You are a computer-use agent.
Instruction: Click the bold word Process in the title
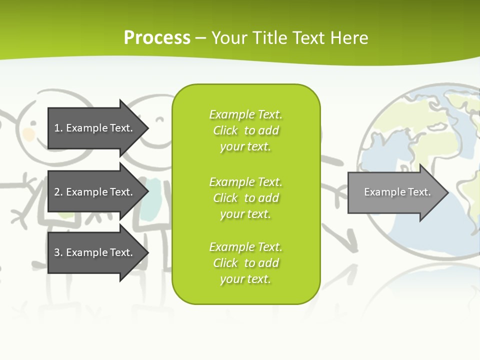pos(157,38)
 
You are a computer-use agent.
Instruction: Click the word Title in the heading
pos(268,38)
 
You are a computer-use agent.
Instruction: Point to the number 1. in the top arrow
pos(58,128)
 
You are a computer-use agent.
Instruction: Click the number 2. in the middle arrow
pos(58,192)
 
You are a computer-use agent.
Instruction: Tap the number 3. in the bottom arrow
pos(58,252)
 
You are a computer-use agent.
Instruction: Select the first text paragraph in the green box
pos(245,130)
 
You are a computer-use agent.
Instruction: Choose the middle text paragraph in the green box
pos(245,198)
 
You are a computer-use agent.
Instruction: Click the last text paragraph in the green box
pos(245,263)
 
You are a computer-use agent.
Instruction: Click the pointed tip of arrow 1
pos(147,128)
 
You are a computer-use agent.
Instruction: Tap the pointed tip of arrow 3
pos(147,252)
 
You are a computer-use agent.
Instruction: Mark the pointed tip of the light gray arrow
pos(447,192)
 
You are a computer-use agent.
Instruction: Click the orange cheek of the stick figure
pos(28,134)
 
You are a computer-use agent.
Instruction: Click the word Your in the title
pos(228,38)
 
